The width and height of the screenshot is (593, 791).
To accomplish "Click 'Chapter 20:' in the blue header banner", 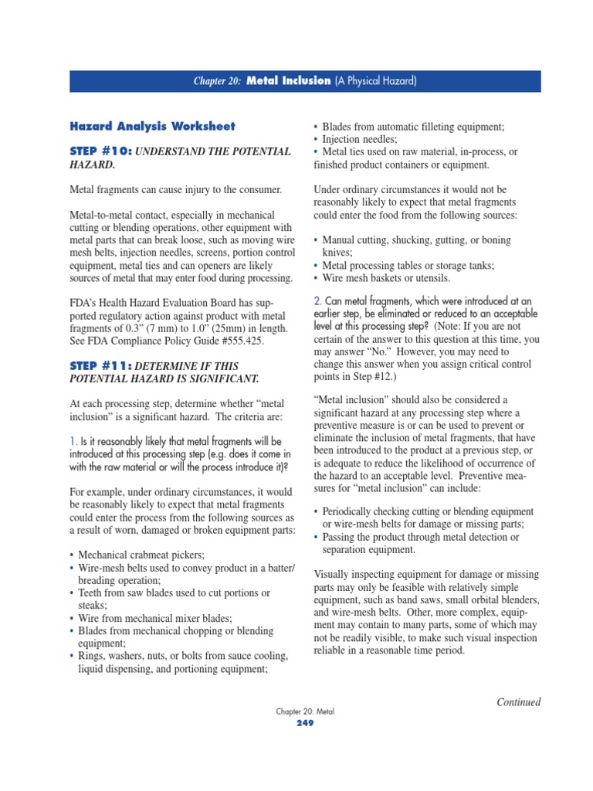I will tap(218, 81).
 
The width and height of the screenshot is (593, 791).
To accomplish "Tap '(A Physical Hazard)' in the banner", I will tap(375, 81).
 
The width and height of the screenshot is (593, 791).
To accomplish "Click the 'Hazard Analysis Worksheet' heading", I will tap(152, 126).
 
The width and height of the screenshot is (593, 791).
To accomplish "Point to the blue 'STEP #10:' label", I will tap(101, 151).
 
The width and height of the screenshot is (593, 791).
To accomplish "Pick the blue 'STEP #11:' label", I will tap(101, 365).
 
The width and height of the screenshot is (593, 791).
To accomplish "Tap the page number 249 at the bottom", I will tap(307, 723).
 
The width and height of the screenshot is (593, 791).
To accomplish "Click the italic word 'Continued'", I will tap(518, 701).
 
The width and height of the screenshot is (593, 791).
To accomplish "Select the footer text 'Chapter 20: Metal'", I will tap(307, 711).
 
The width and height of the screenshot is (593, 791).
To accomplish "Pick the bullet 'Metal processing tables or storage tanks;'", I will tap(408, 265).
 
